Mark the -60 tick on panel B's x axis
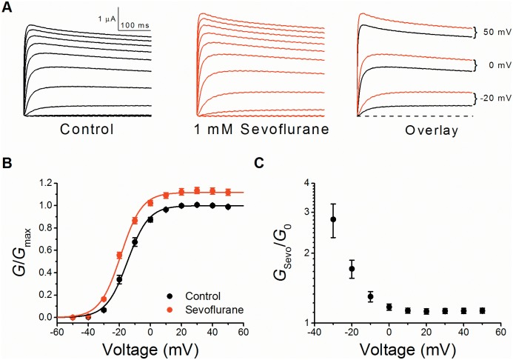[x=56, y=327]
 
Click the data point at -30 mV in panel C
[x=333, y=219]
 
